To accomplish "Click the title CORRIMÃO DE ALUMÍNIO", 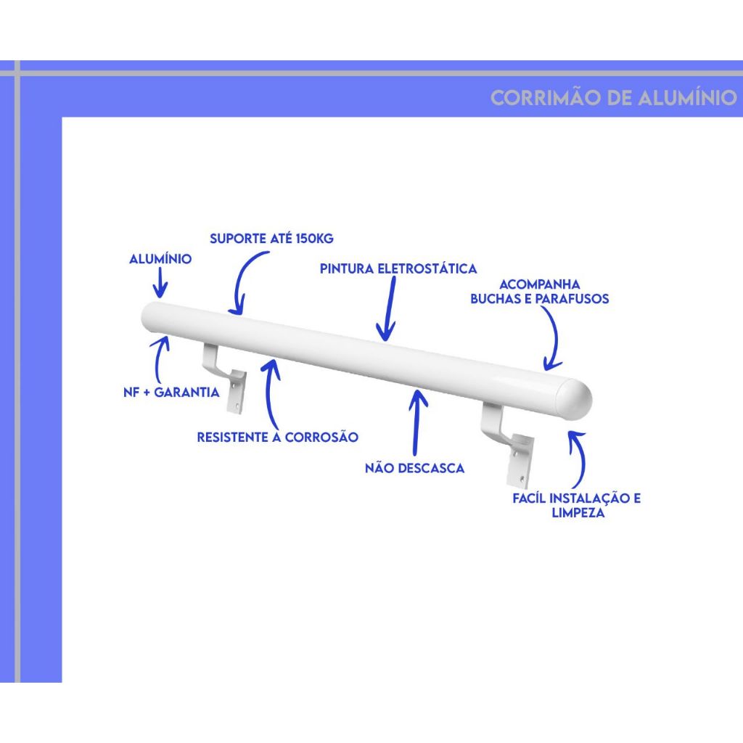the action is click(614, 97).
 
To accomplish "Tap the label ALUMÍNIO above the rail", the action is click(160, 259).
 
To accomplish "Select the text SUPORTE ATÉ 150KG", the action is click(271, 238).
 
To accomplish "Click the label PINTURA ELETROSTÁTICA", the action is click(398, 268).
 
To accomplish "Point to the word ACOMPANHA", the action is click(540, 284).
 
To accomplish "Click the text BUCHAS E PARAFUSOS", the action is click(540, 298).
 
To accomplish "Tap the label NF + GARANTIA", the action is click(171, 392).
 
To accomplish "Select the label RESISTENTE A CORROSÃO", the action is click(278, 437).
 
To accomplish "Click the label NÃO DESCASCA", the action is click(414, 468).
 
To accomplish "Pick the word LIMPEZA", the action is click(578, 512).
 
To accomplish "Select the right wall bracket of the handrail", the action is click(508, 445).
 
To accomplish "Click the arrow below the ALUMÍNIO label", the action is click(161, 283).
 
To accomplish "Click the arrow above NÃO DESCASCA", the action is click(416, 422).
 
